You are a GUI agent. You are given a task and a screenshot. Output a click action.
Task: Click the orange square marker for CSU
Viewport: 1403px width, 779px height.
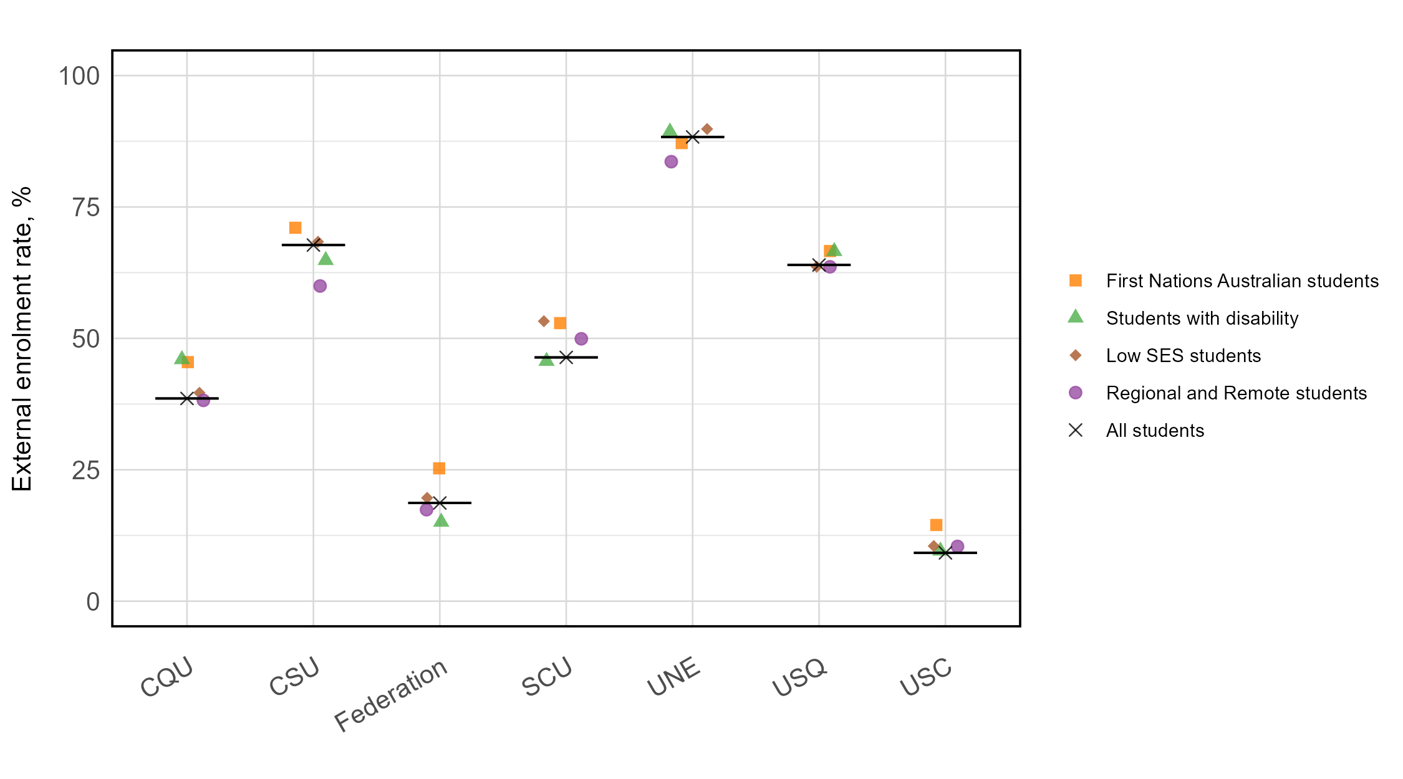pos(296,228)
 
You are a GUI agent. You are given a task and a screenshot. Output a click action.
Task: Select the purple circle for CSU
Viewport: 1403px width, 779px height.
pos(320,286)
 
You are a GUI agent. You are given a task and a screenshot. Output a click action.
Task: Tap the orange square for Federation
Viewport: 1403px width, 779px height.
pos(439,468)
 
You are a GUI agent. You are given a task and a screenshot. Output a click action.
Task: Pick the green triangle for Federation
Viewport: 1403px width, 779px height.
pos(441,520)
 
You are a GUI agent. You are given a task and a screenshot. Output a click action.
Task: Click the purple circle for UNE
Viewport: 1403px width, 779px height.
pos(671,162)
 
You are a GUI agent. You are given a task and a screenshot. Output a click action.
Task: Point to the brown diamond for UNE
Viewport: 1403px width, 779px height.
pos(707,129)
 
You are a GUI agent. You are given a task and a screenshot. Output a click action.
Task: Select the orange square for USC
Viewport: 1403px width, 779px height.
pos(936,525)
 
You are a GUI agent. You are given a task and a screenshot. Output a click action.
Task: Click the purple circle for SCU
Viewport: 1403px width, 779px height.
pos(581,339)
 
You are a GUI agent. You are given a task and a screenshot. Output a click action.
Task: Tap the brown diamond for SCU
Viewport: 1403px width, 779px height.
pos(544,322)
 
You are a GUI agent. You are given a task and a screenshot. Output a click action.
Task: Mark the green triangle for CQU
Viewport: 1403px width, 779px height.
pos(181,358)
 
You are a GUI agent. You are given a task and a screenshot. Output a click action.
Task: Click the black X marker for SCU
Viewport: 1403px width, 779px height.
pos(566,358)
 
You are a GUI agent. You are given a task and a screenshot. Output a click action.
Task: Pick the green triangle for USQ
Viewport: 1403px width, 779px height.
pos(834,250)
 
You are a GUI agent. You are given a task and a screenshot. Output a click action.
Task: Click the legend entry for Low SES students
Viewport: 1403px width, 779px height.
pos(1183,356)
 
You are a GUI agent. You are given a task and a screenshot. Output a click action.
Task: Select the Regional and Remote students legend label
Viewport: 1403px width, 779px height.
pos(1236,393)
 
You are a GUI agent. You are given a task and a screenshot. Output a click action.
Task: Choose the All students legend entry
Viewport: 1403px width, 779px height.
pos(1154,431)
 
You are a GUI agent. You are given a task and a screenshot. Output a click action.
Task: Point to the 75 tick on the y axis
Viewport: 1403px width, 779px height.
pos(86,208)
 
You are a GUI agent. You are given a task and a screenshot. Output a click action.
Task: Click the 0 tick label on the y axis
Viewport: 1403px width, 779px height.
pos(93,602)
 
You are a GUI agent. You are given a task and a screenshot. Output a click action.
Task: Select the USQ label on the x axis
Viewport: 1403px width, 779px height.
pos(799,677)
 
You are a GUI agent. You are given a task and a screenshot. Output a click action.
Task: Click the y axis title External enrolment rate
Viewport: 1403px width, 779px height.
pos(22,338)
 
